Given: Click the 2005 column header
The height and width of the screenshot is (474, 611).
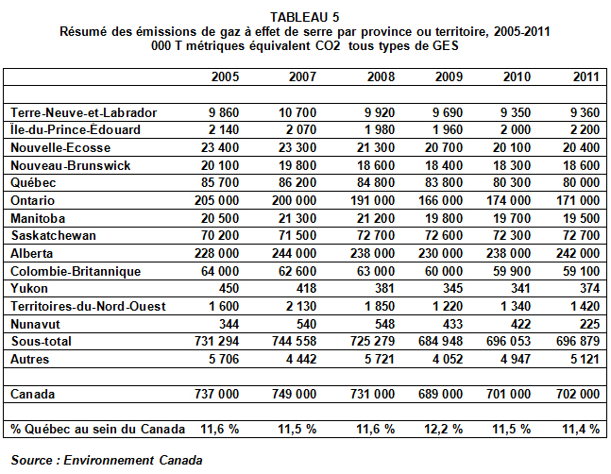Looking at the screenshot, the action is pos(225,76).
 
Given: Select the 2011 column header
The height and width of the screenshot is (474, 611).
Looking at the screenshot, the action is pos(586,76).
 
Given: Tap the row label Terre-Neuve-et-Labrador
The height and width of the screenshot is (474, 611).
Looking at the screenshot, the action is pos(83,112).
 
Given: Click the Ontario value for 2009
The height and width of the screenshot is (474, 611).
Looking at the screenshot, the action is pos(440,200).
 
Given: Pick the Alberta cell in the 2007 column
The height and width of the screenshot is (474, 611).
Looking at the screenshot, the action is pos(294,254).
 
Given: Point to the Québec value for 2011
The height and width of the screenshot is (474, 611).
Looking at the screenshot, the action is pos(581,182).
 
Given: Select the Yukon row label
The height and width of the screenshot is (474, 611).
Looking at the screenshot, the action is pos(29,289).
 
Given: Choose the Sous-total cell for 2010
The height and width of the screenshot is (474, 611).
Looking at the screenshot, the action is pos(508,342).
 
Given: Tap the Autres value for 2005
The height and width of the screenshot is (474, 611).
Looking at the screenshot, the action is pos(223,359).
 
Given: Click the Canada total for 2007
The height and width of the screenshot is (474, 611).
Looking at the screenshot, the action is pos(294,394).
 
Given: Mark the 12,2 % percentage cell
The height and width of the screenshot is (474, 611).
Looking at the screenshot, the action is pos(443,430).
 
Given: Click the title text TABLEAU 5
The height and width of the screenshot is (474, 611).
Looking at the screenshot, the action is pos(305,17).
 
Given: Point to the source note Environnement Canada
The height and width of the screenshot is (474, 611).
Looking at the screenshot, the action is pos(133,461).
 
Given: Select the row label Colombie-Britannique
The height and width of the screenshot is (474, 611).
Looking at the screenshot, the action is pos(76,271).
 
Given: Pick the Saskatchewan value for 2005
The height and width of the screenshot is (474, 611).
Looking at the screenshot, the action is pos(220,236).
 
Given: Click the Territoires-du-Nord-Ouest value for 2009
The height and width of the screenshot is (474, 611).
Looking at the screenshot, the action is pos(448,307).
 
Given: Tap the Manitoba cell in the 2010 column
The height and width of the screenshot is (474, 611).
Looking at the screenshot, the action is pos(512,218).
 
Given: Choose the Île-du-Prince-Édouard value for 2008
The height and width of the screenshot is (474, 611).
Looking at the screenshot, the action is pos(380,129).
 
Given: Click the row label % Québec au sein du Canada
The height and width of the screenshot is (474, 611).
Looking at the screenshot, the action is pos(98,430).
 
